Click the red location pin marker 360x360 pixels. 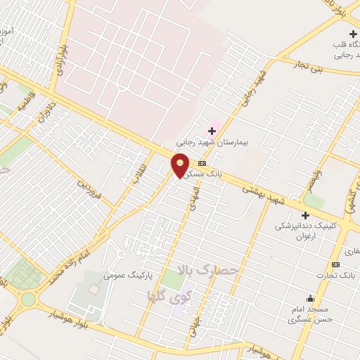point(181,165)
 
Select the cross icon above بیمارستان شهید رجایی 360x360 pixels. point(212,131)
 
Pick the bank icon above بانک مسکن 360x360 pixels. point(202,163)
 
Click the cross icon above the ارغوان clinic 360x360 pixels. point(305,215)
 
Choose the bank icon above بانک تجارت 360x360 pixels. point(335,264)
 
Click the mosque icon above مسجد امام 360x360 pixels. point(310,299)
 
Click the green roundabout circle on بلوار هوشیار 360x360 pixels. point(28,300)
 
